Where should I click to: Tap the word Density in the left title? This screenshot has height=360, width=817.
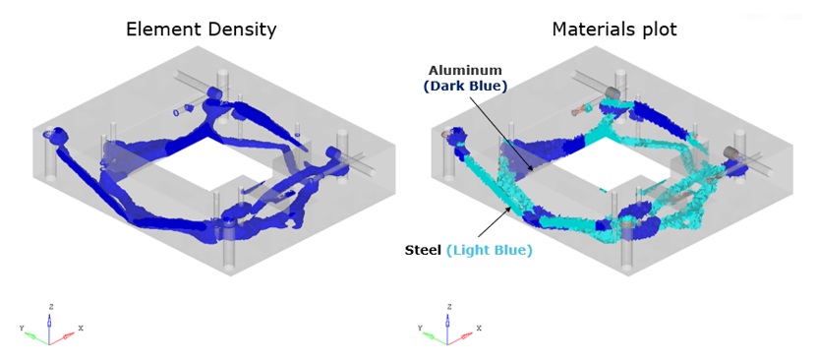point(241,30)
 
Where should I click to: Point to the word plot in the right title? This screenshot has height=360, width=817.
point(654,30)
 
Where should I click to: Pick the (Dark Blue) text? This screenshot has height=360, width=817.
point(465,87)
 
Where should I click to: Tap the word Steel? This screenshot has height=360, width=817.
point(423,251)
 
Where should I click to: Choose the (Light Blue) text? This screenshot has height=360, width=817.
point(490,251)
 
